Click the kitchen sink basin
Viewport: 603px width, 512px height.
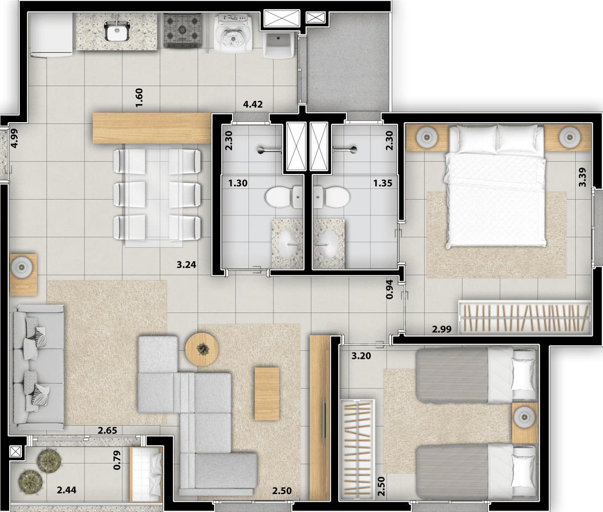coord(117,30)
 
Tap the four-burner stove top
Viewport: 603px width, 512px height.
coord(182,31)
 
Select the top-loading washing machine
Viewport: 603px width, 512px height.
coord(233,33)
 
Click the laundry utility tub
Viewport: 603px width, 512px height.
coord(279,45)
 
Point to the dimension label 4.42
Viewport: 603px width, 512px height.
coord(253,104)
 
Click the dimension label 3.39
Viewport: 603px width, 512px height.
coord(582,177)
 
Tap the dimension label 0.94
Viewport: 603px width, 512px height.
coord(389,290)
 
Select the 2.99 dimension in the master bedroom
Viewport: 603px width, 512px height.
coord(442,329)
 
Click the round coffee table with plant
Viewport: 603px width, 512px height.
coord(202,349)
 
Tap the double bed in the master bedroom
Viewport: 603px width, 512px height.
coord(495,185)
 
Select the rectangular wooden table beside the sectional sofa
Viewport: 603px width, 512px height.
coord(267,394)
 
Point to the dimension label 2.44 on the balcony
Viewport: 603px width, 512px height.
coord(66,490)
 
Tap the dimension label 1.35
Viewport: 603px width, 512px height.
coord(382,183)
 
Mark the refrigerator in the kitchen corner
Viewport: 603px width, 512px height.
coord(51,35)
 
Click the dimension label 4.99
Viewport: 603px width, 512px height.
coord(14,138)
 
